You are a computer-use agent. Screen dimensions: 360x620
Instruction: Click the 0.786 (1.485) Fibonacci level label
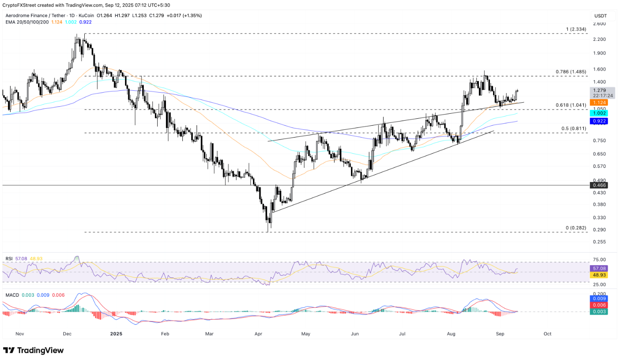pos(571,72)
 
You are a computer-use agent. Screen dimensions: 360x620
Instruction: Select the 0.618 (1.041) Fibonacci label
pos(570,105)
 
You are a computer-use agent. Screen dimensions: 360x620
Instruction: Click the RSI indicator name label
pos(9,259)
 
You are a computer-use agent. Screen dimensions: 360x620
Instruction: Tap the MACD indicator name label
pos(12,295)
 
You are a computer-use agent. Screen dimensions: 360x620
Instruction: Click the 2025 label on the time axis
pos(116,334)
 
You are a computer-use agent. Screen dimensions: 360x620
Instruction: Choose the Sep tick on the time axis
pos(500,334)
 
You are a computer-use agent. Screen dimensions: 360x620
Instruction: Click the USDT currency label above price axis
pos(600,16)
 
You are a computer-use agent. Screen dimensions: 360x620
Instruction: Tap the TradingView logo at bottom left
pos(33,350)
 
